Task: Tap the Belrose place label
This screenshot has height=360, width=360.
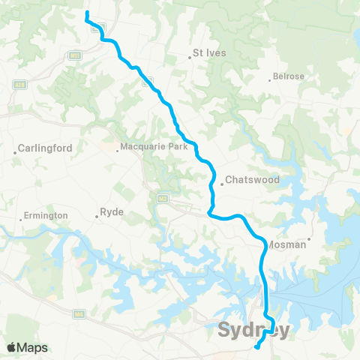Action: click(x=289, y=76)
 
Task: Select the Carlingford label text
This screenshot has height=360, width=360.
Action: click(x=45, y=148)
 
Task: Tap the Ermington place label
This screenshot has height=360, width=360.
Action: click(x=46, y=215)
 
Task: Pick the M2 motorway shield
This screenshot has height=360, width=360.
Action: click(x=162, y=199)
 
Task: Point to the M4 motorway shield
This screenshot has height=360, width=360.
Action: click(x=79, y=314)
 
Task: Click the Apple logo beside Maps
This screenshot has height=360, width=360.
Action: click(x=12, y=347)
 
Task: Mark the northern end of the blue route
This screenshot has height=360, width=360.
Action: click(x=87, y=13)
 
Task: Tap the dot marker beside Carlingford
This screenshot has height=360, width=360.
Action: click(x=15, y=153)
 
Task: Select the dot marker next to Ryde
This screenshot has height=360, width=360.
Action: click(x=97, y=217)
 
